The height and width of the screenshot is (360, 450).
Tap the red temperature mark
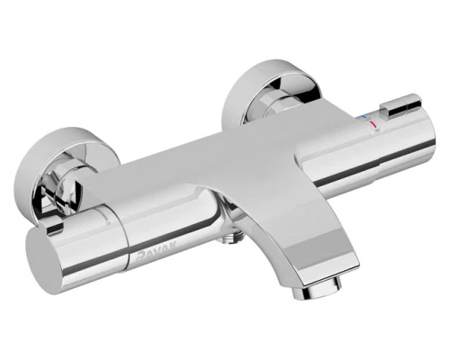point(373,124)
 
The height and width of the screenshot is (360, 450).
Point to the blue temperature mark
point(364,116)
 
